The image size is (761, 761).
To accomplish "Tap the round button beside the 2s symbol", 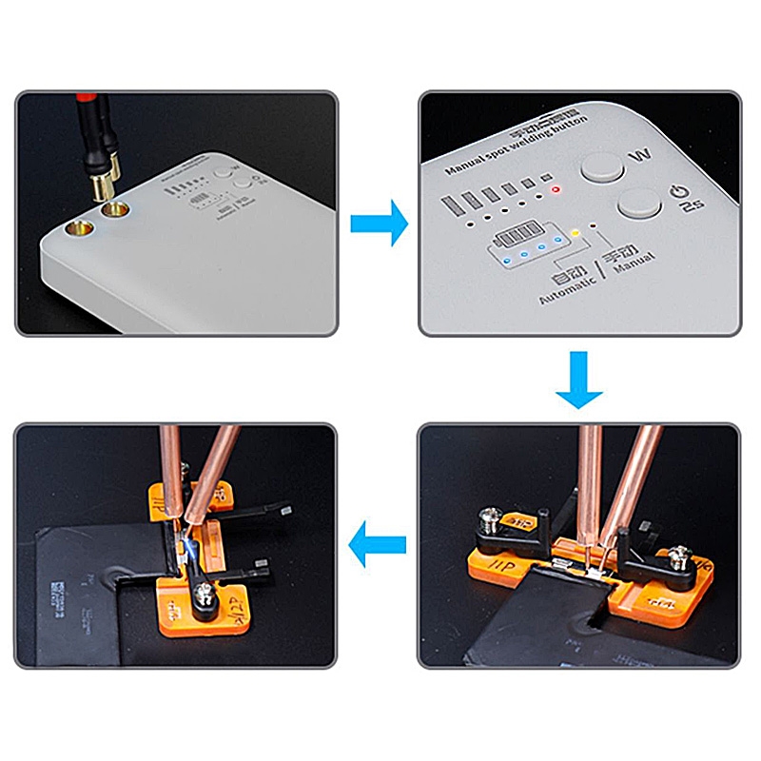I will point(638,203).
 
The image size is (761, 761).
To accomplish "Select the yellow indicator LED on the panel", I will point(576,232).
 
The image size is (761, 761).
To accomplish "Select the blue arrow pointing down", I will point(579,380).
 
